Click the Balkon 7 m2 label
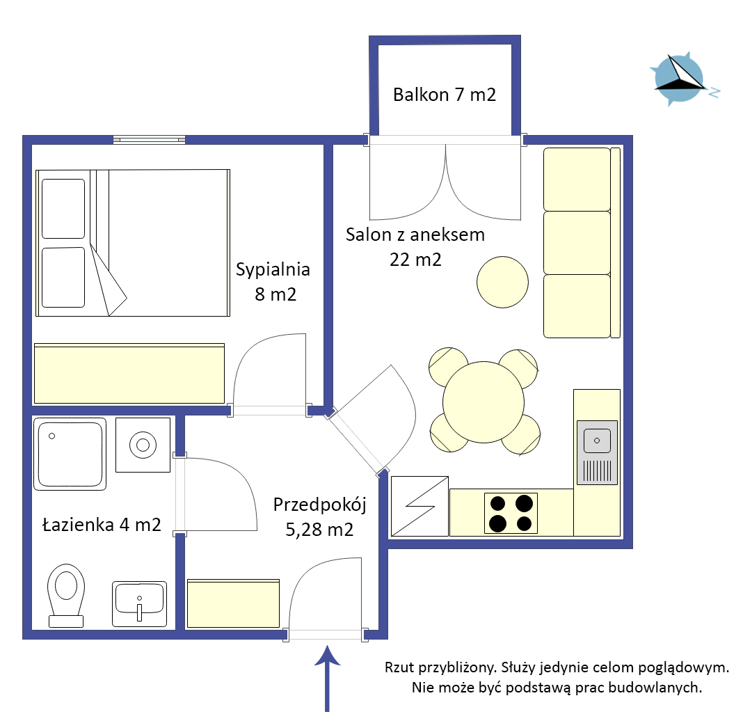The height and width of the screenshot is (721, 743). (x=445, y=95)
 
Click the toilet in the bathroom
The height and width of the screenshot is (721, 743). (x=66, y=596)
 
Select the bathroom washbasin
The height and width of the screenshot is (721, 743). (x=139, y=604)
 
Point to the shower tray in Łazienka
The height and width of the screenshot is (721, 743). (x=70, y=454)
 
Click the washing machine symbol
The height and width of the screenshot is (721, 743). (x=143, y=445)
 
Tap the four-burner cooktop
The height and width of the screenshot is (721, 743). (x=511, y=514)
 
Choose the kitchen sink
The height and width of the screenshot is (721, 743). (x=597, y=452)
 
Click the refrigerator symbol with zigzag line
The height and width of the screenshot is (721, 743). (x=420, y=506)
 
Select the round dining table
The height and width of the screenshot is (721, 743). (x=484, y=402)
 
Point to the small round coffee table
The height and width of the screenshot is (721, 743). (x=503, y=282)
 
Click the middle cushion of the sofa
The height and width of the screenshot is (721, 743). (x=577, y=243)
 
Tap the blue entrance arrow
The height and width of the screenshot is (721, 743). (x=327, y=679)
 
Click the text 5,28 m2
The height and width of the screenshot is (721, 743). (x=319, y=530)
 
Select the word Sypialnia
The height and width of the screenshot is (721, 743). (x=273, y=270)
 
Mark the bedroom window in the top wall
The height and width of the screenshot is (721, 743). (x=150, y=140)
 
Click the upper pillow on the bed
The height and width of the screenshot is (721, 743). (x=63, y=209)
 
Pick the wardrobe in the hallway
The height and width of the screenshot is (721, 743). (x=234, y=603)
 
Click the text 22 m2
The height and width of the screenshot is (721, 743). (x=415, y=260)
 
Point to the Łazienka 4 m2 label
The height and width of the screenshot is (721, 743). (x=102, y=525)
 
